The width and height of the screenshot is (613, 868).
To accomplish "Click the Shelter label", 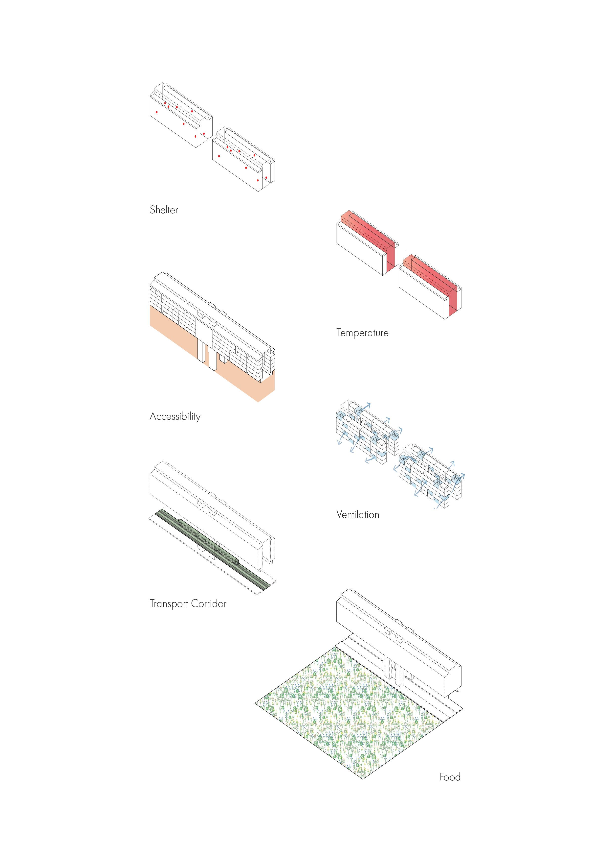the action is coord(164,210).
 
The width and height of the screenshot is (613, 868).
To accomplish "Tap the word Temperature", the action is coord(362,333).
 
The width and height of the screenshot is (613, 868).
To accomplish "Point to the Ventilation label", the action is coord(358,514).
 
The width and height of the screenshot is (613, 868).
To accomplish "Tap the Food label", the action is coord(450,777).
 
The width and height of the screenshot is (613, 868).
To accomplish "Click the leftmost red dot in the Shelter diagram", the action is coord(157,112).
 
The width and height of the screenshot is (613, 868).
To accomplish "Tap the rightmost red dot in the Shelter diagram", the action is coord(266,177).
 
